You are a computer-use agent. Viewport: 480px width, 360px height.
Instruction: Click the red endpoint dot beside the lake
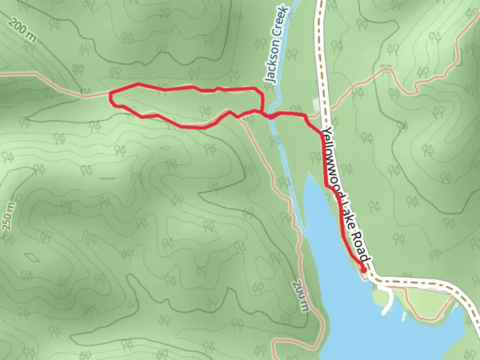363,269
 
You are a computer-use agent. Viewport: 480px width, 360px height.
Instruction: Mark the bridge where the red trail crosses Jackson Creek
271,116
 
